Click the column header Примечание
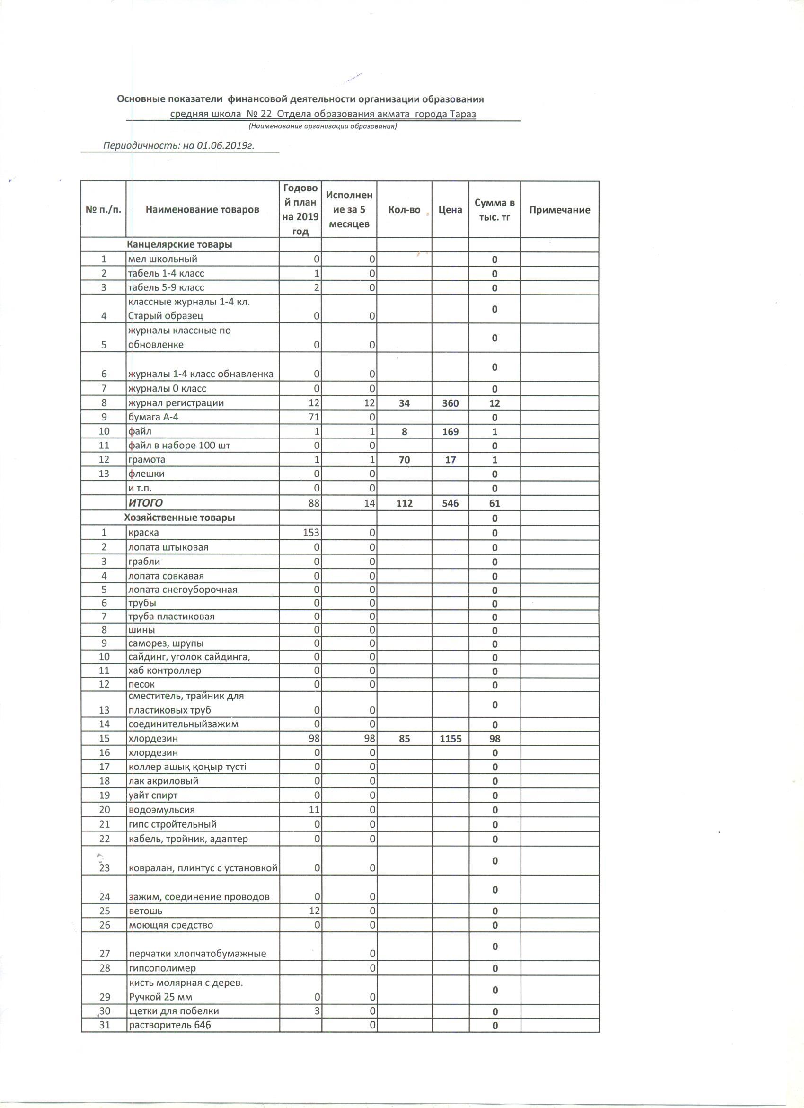pos(559,210)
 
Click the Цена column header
pos(450,210)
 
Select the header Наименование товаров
pos(202,210)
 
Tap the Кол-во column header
pos(404,210)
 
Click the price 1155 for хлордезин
pos(450,739)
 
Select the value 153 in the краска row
pos(312,533)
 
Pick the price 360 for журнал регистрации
pos(450,403)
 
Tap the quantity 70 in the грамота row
pos(404,460)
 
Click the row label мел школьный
pos(163,259)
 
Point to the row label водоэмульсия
pos(161,810)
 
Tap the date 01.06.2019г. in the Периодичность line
pos(226,145)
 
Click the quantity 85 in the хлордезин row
pos(404,739)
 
